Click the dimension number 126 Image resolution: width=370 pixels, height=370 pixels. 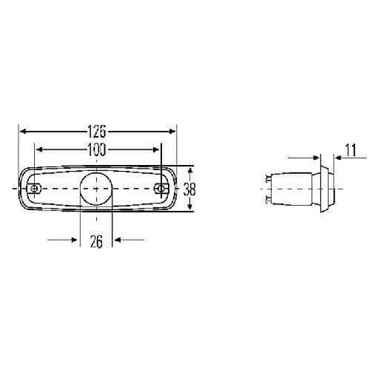click(97, 131)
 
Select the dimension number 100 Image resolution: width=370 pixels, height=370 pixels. click(97, 149)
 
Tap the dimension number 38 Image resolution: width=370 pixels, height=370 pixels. click(189, 189)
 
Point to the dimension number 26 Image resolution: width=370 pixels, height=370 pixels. click(96, 242)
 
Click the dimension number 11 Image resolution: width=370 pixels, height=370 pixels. click(351, 150)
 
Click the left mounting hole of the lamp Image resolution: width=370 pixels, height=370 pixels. click(34, 189)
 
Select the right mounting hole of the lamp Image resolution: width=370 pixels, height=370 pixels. click(161, 189)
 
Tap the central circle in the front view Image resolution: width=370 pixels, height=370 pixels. click(96, 189)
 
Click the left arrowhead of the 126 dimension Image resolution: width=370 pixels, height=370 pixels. click(23, 132)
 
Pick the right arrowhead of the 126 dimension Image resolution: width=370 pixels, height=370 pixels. click(172, 132)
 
